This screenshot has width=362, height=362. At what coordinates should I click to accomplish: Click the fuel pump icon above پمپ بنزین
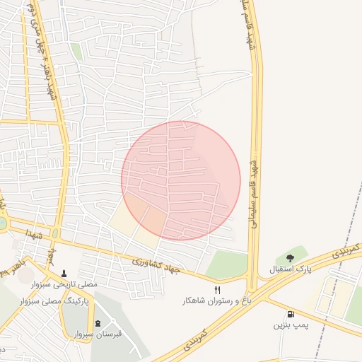click(x=290, y=314)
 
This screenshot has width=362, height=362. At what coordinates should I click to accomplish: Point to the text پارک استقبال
click(x=290, y=269)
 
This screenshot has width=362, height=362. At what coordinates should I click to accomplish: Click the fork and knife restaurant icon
click(x=217, y=290)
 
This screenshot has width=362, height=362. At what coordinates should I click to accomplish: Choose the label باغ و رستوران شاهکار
click(x=217, y=301)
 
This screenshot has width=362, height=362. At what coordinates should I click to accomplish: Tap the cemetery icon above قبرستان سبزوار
click(x=98, y=323)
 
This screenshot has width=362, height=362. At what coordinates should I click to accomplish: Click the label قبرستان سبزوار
click(x=98, y=334)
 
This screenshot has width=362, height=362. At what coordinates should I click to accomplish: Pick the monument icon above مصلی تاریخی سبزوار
click(x=66, y=273)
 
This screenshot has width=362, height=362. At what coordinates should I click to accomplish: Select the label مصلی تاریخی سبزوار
click(x=66, y=284)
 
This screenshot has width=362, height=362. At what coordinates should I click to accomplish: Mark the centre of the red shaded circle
click(x=181, y=180)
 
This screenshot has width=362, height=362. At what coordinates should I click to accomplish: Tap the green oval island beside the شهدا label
click(x=55, y=233)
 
